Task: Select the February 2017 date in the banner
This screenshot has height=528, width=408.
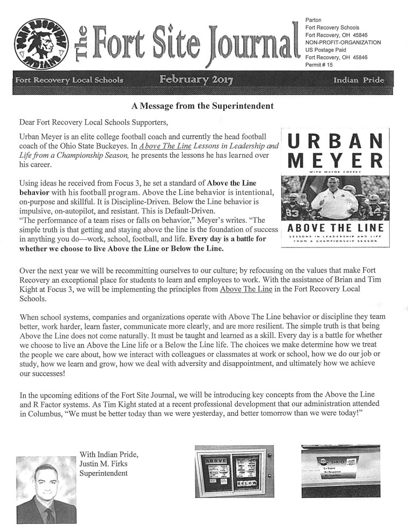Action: pyautogui.click(x=196, y=80)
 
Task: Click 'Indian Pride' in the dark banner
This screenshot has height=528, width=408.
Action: pyautogui.click(x=359, y=80)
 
